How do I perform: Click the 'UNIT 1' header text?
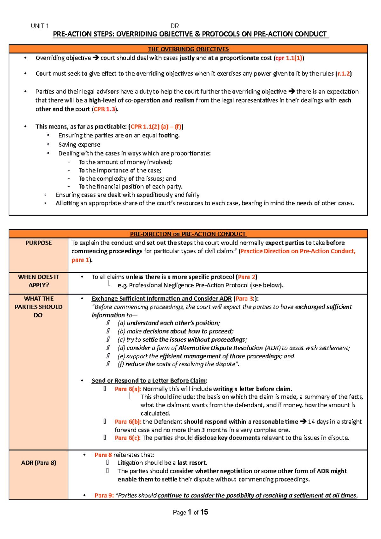click(x=40, y=26)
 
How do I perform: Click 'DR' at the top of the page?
click(x=175, y=26)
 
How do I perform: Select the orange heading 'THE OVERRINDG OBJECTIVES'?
click(x=188, y=49)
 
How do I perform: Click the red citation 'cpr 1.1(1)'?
click(x=289, y=58)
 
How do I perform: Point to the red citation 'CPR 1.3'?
click(x=104, y=109)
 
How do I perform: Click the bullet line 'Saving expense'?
click(x=79, y=145)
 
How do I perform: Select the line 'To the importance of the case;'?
click(x=120, y=170)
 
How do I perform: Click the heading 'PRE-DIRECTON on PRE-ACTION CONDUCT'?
click(x=188, y=234)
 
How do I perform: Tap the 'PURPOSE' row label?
click(x=38, y=243)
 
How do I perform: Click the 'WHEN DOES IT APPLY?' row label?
click(x=38, y=281)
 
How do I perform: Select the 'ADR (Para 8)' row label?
click(x=38, y=463)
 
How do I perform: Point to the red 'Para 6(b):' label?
click(x=128, y=422)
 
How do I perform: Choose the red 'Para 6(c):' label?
click(x=128, y=438)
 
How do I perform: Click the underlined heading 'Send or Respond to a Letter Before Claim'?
click(x=149, y=381)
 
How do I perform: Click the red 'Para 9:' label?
click(x=104, y=496)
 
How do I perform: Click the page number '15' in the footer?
click(x=204, y=512)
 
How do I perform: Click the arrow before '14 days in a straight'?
click(x=303, y=422)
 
